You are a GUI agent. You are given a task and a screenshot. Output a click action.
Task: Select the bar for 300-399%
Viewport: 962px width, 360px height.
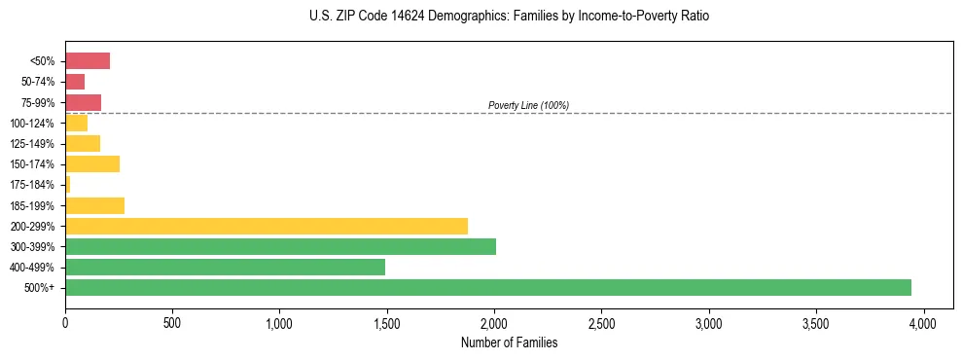click(x=280, y=246)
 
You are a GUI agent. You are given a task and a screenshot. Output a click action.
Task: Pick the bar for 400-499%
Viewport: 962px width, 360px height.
click(x=225, y=267)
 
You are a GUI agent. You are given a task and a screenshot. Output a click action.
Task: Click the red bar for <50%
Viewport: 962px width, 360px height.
click(x=88, y=61)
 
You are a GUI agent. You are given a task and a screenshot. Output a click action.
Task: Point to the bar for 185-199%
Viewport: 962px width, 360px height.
click(x=94, y=205)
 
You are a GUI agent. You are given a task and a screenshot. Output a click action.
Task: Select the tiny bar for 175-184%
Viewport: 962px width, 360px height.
click(x=68, y=185)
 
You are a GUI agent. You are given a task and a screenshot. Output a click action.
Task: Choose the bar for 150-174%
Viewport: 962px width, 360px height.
click(x=92, y=164)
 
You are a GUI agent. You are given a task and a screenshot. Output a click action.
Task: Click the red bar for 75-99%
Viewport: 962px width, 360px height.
click(x=83, y=102)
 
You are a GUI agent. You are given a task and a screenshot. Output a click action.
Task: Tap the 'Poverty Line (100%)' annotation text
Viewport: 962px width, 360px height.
click(x=528, y=105)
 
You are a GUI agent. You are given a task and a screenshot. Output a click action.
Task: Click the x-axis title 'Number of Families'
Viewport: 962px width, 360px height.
click(x=509, y=342)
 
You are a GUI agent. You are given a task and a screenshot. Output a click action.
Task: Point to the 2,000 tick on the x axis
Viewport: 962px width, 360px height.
click(x=494, y=322)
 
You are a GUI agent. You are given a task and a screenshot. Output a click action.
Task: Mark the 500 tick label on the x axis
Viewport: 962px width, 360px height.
click(x=172, y=322)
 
